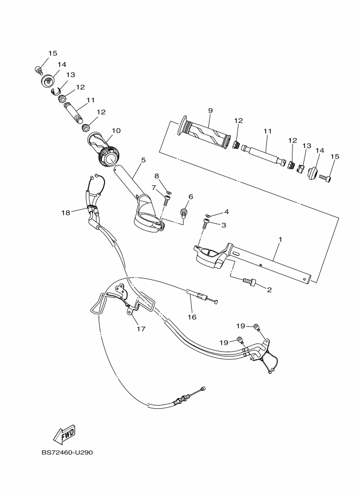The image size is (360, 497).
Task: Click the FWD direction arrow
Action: (x=64, y=433)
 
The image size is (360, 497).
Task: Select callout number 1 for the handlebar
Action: (x=280, y=240)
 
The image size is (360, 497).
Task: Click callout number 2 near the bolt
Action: (x=269, y=290)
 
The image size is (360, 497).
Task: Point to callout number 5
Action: (x=143, y=160)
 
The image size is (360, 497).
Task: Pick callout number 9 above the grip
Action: (x=210, y=111)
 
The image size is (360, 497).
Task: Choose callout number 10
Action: (x=115, y=131)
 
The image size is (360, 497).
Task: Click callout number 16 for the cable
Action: (x=192, y=316)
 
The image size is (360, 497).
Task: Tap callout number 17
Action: (x=141, y=329)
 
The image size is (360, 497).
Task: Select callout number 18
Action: (x=66, y=213)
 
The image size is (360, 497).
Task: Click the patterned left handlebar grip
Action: (x=205, y=132)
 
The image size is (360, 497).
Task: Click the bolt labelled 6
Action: (x=185, y=210)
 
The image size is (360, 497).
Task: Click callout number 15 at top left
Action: (x=52, y=53)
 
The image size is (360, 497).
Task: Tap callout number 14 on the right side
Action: (x=320, y=151)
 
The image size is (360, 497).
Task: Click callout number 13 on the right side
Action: (x=307, y=146)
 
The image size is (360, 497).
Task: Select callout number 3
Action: (x=223, y=224)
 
